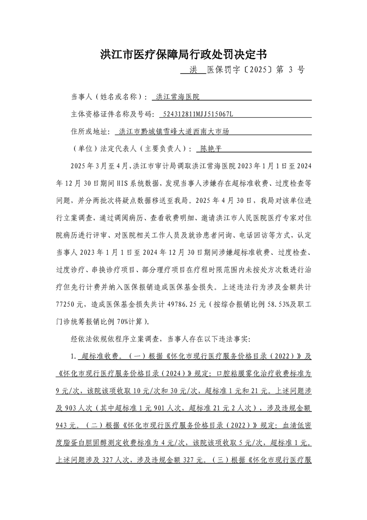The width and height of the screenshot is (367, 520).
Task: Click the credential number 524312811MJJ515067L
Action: coord(196,114)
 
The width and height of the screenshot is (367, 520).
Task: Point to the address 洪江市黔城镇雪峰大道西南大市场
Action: coord(174,132)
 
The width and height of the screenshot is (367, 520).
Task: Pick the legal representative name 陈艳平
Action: coord(209,149)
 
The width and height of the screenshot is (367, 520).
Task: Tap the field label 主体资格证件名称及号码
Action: coord(112,114)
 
